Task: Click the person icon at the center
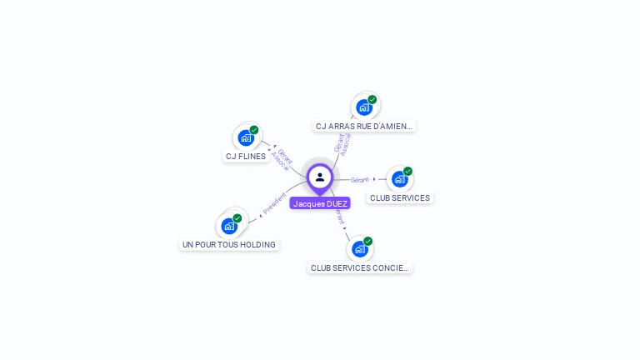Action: coord(320,177)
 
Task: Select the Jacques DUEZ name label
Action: coord(320,203)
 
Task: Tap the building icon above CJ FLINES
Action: coord(246,137)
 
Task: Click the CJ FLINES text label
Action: coord(246,156)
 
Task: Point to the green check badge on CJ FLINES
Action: coord(254,130)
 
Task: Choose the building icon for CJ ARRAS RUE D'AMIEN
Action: coord(363,107)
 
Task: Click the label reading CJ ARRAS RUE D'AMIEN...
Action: coord(363,127)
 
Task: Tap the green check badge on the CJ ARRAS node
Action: coord(372,99)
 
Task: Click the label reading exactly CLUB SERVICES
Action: coord(400,198)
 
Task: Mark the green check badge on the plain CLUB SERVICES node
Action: coord(407,171)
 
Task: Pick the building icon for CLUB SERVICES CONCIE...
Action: coord(359,248)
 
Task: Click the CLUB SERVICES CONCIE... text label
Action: coord(360,268)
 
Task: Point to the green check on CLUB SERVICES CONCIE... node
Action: coord(367,241)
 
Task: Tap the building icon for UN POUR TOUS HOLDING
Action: coord(228,225)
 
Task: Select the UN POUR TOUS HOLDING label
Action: coord(228,245)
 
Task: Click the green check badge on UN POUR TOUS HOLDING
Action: coord(237,217)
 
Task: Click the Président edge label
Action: coord(274,202)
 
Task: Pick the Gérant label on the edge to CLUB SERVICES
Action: coord(359,179)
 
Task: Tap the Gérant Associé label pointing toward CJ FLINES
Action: coord(282,159)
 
